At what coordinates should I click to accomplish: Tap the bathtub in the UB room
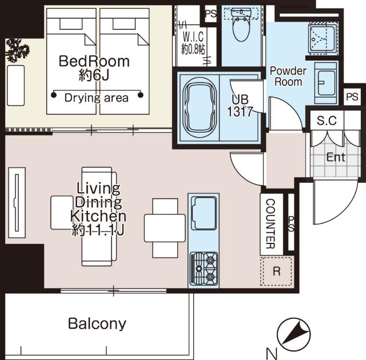[199, 107]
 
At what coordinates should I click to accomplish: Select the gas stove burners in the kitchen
[204, 269]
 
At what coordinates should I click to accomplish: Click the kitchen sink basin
[204, 213]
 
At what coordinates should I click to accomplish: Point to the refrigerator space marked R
[276, 271]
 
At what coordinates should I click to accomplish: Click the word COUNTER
[270, 223]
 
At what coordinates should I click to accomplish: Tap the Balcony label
[97, 323]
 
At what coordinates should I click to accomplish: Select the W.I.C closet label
[193, 43]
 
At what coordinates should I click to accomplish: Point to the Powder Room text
[288, 77]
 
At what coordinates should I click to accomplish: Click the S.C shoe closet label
[327, 121]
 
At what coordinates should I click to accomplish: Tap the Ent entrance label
[336, 157]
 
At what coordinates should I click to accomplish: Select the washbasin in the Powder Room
[326, 83]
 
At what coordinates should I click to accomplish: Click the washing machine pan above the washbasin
[323, 38]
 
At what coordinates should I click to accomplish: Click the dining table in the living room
[165, 228]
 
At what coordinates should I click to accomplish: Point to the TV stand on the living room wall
[17, 203]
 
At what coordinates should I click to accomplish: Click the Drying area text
[97, 98]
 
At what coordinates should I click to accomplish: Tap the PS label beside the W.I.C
[211, 14]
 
